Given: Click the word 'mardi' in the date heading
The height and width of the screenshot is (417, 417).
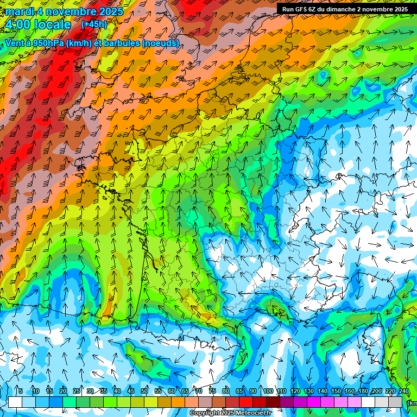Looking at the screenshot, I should point(19,11).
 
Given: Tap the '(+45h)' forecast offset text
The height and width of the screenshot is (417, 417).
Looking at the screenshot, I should point(94,24).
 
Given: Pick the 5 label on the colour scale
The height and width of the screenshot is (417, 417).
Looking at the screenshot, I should point(21,391).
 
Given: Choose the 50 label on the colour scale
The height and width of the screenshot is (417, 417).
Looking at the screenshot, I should point(144,391).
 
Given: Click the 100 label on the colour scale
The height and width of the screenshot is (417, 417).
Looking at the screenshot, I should point(268,391).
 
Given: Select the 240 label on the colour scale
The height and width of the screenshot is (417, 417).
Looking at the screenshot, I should point(403,391).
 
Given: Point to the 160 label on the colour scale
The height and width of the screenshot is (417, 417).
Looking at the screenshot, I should point(349,391).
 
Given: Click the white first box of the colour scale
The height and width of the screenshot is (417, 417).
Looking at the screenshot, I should point(15,402).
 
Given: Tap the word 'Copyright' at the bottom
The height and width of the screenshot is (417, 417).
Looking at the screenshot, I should point(205,413).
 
